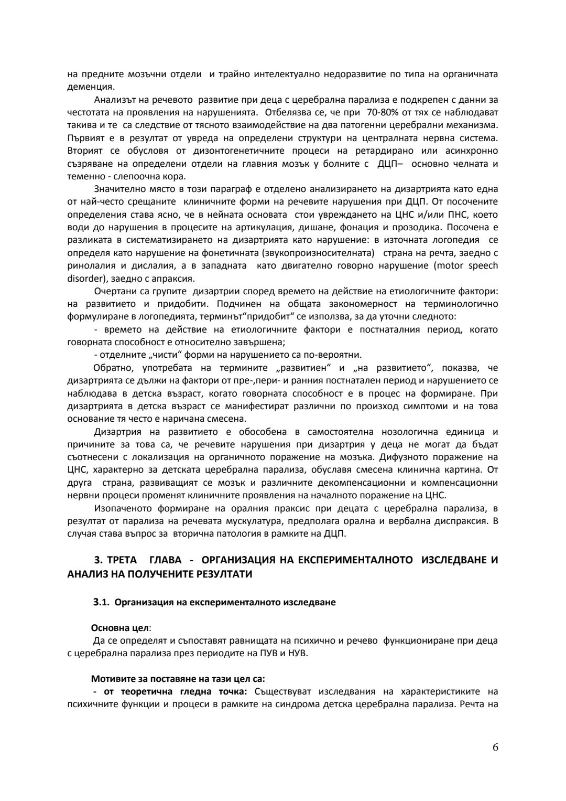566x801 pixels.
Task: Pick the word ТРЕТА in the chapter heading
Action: [x=122, y=560]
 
